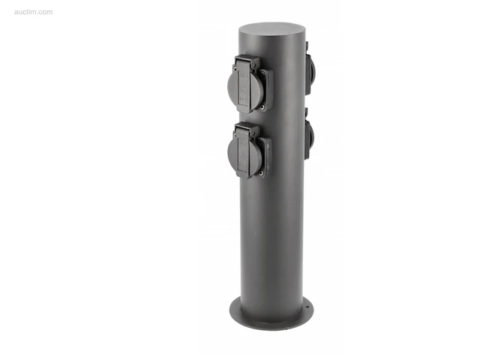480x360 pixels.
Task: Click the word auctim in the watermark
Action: tap(25, 12)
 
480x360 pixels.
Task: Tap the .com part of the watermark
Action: tap(46, 12)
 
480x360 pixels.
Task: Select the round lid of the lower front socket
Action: tap(245, 154)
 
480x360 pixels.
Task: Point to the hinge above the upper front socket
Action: tap(247, 61)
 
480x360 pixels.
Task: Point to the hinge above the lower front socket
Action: tap(247, 129)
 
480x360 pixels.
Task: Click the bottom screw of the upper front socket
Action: tap(262, 107)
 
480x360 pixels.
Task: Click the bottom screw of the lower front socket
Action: tap(261, 173)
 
